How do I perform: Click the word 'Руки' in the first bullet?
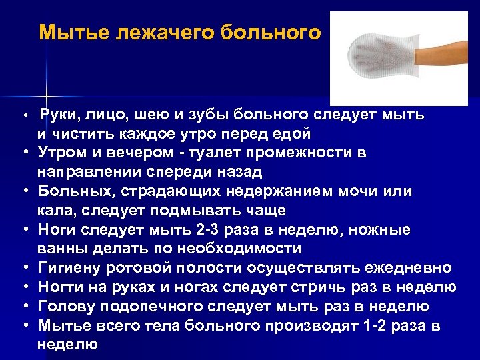[x=59, y=114]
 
